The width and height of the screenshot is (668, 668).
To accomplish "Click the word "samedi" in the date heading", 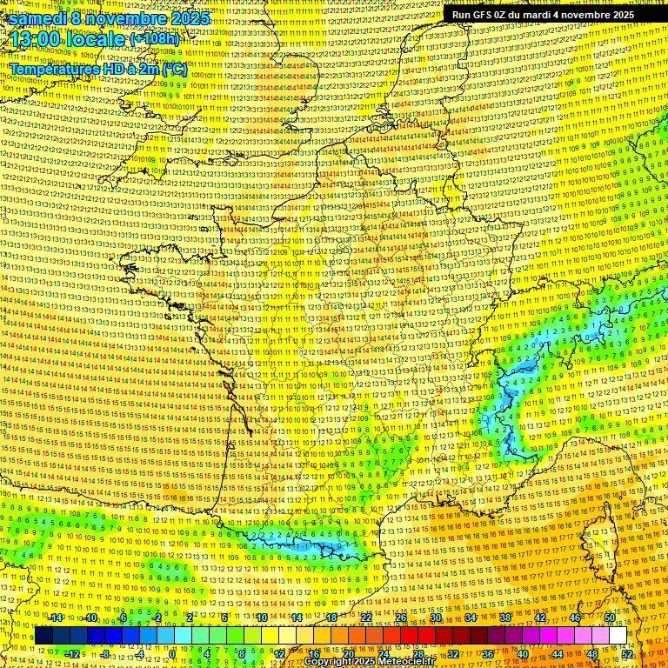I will pos(38,18).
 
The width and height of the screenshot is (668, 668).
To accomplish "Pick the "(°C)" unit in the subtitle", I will pos(174,69).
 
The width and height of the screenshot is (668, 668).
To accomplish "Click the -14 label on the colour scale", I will pos(57,618).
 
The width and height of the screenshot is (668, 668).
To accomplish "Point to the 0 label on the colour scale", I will pos(172,654).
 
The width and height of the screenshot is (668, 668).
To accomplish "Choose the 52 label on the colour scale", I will pos(628,654).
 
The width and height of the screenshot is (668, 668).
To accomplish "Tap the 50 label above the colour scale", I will pos(611,618).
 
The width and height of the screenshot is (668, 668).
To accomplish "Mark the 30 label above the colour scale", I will pos(436,618).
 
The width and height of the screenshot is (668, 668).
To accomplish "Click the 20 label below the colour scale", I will pos(349,654).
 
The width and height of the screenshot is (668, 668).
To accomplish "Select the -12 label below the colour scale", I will pos(72,654).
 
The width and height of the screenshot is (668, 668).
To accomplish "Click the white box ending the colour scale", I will pos(618,636).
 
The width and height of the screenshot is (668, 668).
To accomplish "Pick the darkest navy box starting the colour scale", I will pos(43,636).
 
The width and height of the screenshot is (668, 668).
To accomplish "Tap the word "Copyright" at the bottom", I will pos(327,662).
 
